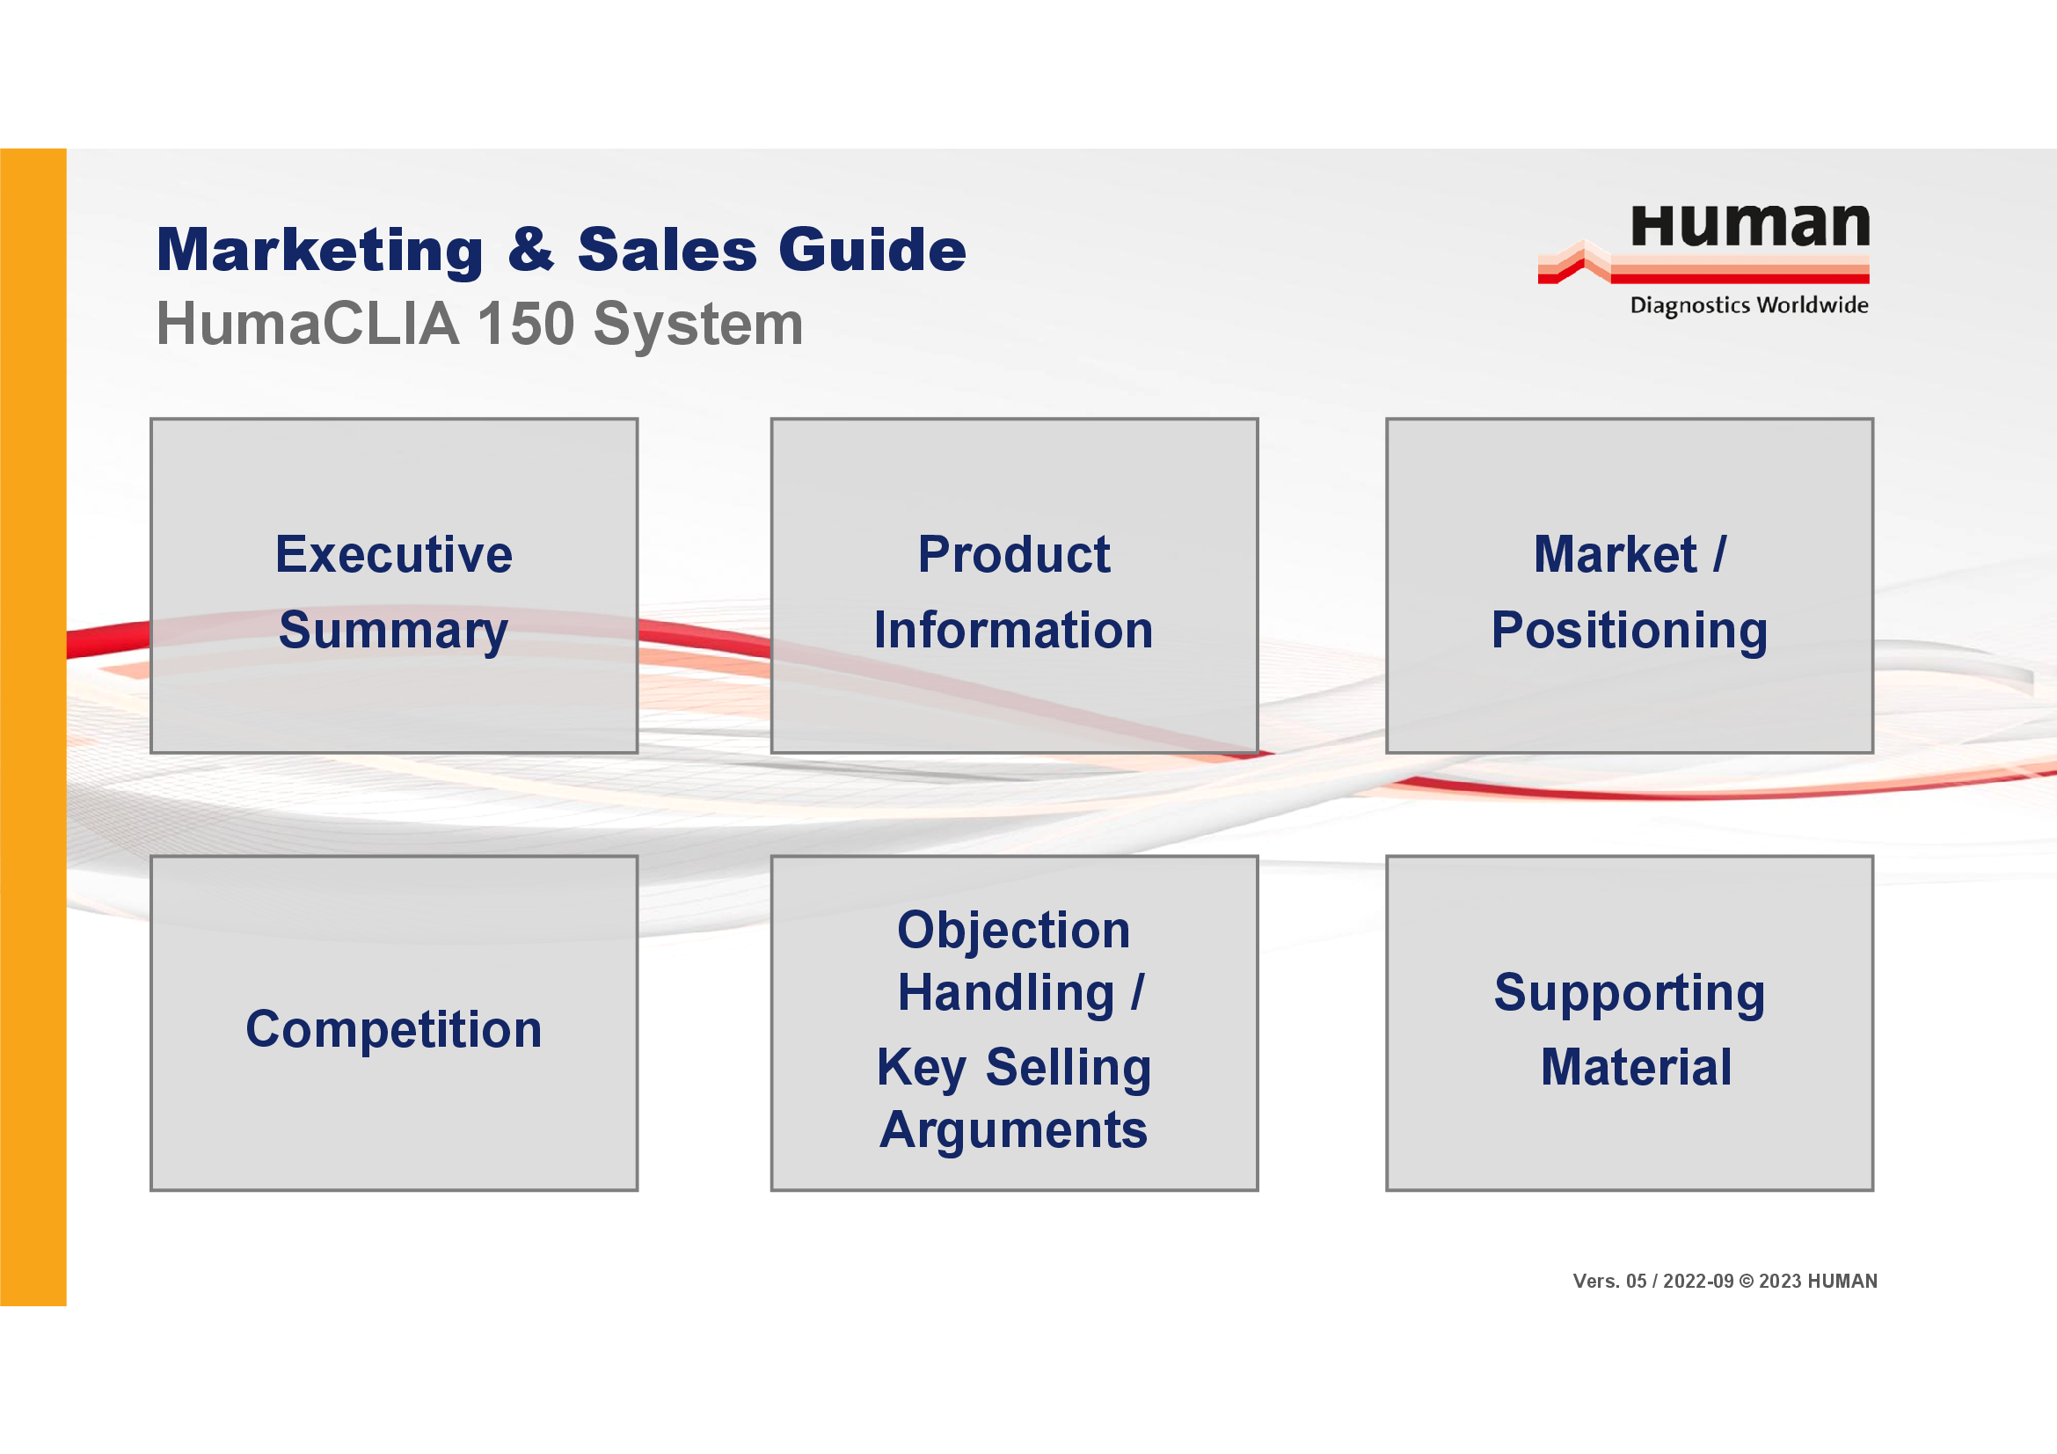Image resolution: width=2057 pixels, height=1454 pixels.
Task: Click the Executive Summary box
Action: [394, 586]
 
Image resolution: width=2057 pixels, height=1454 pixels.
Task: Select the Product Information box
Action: [1014, 586]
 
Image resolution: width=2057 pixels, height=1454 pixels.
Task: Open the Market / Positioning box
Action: [1630, 586]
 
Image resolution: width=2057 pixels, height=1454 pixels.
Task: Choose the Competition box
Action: [394, 1023]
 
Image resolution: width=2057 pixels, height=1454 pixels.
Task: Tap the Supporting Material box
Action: [1630, 1023]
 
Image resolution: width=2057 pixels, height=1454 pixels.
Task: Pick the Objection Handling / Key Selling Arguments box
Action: [1014, 1023]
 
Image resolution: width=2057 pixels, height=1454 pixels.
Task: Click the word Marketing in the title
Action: [320, 251]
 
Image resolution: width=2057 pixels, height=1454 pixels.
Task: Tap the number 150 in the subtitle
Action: [525, 324]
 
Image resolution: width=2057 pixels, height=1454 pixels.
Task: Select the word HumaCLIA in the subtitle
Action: [308, 324]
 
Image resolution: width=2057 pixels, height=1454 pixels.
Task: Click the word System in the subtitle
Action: [698, 325]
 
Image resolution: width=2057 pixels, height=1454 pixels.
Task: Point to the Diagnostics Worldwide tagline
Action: [1749, 305]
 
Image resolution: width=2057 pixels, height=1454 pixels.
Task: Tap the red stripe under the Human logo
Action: [1738, 279]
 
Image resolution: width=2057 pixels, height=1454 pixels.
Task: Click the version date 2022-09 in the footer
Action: [1697, 1281]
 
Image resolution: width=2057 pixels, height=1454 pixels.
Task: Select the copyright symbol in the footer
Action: [1747, 1281]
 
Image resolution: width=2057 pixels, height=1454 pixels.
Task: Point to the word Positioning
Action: [1630, 632]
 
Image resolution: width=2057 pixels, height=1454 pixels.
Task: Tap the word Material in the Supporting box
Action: [1636, 1068]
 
